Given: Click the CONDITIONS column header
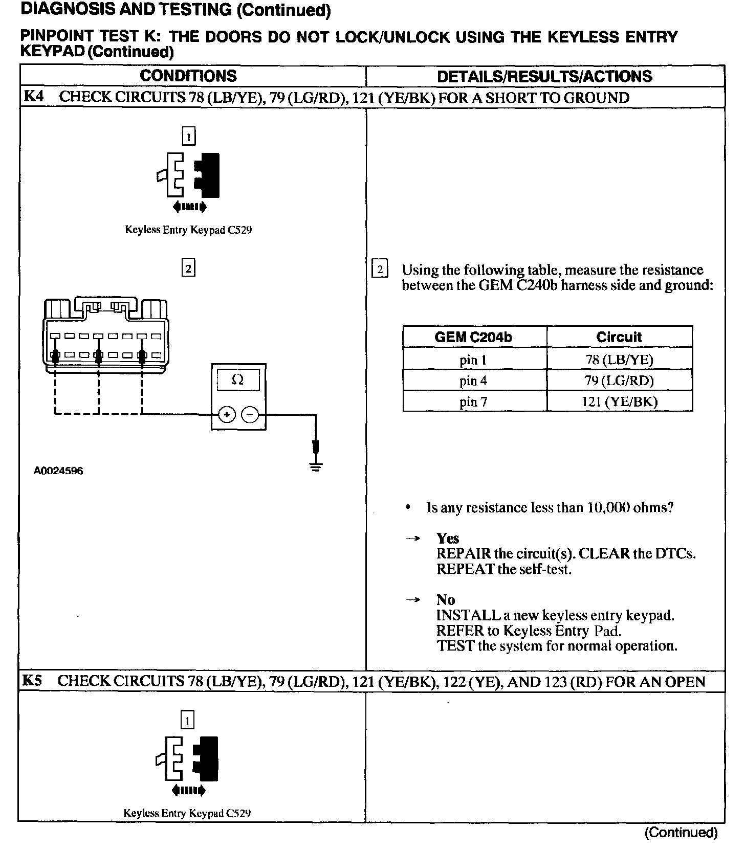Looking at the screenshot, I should pyautogui.click(x=188, y=76).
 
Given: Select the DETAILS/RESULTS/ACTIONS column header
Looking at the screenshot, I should pyautogui.click(x=544, y=77).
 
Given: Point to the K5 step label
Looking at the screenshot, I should pyautogui.click(x=32, y=681).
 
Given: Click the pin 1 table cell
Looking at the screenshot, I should pyautogui.click(x=473, y=360).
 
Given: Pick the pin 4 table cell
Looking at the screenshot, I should pyautogui.click(x=473, y=381).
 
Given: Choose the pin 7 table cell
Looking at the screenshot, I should pyautogui.click(x=473, y=402).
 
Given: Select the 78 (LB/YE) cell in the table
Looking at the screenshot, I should pyautogui.click(x=619, y=360).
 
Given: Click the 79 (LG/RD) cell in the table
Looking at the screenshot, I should pyautogui.click(x=619, y=381).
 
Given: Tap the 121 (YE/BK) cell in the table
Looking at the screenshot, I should pyautogui.click(x=619, y=402).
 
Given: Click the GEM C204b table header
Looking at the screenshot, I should pyautogui.click(x=473, y=337).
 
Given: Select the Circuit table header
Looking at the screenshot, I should pyautogui.click(x=619, y=337).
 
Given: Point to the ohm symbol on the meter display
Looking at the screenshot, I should pyautogui.click(x=237, y=380).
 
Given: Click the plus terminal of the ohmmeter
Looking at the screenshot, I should pyautogui.click(x=227, y=415).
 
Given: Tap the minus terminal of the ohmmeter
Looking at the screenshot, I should pyautogui.click(x=250, y=415).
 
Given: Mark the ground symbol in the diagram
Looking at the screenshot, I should pyautogui.click(x=316, y=466).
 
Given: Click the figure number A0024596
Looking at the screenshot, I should pyautogui.click(x=58, y=471).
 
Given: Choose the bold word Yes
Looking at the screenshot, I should pyautogui.click(x=448, y=539).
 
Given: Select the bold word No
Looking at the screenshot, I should pyautogui.click(x=446, y=600).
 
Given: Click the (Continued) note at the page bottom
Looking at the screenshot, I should pyautogui.click(x=681, y=833).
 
